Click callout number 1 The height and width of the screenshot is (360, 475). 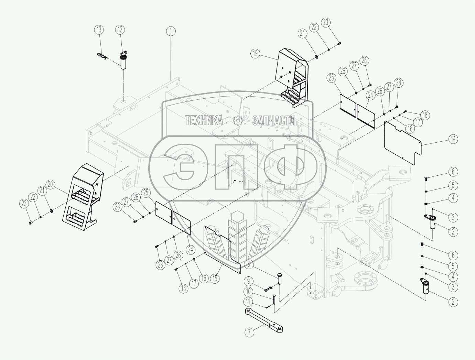[171, 31]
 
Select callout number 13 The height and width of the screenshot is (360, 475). [99, 30]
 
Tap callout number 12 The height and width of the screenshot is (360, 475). [120, 30]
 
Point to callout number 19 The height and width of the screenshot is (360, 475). [255, 53]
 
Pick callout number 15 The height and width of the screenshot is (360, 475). [215, 278]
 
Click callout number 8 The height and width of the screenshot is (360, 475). [249, 264]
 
